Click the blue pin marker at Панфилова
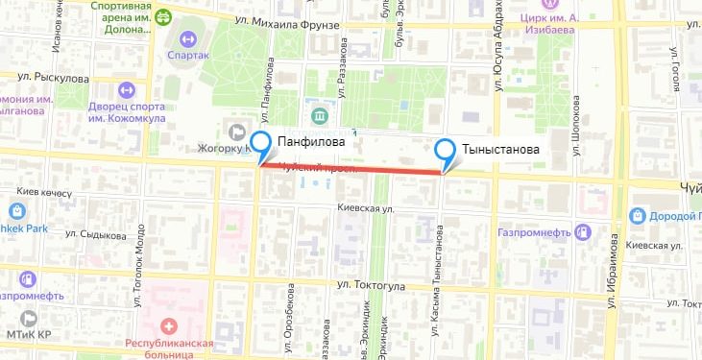259,144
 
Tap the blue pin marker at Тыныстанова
446,151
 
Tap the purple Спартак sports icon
186,40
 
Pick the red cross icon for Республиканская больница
170,328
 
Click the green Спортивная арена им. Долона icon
162,16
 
